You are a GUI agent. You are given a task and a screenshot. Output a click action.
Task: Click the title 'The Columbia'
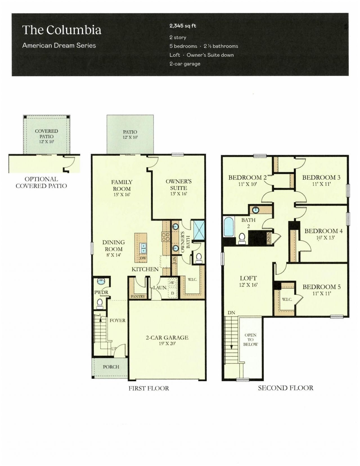click(62, 30)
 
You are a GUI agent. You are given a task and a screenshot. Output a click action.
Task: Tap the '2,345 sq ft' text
click(183, 26)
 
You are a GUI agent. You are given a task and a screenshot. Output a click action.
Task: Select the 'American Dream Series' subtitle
click(59, 46)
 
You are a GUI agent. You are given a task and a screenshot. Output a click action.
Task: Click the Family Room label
click(121, 185)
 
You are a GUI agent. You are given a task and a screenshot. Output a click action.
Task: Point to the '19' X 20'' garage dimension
click(167, 343)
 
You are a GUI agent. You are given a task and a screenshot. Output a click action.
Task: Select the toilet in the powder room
click(100, 303)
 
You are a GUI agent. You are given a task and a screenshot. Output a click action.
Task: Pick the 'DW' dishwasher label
click(143, 258)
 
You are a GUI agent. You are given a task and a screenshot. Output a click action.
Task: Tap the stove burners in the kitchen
click(166, 236)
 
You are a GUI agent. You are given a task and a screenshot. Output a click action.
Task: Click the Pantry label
click(138, 296)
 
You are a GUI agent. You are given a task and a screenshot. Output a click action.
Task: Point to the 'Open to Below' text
click(250, 340)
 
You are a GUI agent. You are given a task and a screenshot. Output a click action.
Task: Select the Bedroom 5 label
click(321, 287)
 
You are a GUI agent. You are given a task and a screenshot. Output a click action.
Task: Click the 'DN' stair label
click(231, 313)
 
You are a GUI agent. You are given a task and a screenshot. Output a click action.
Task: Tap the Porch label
click(111, 367)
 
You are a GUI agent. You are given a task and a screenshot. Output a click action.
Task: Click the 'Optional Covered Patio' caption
click(41, 182)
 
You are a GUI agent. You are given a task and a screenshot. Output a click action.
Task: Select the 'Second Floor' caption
click(285, 388)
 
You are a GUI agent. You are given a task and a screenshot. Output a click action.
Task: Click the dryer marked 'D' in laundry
click(172, 293)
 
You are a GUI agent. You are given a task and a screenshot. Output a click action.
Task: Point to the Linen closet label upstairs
click(269, 238)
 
